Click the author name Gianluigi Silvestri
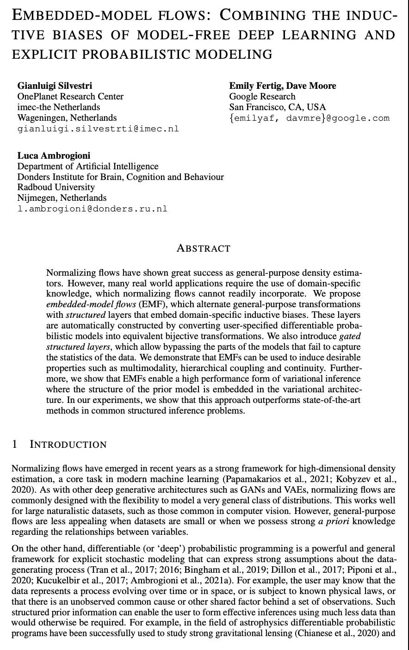(x=55, y=86)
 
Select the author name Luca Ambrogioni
(x=54, y=155)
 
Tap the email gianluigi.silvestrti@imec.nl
(x=98, y=129)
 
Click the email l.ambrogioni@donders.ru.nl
(x=92, y=209)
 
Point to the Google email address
(x=310, y=118)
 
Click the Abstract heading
(x=204, y=248)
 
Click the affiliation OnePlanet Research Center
(x=70, y=96)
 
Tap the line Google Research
(x=262, y=96)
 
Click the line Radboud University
(x=56, y=187)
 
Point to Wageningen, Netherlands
(x=67, y=118)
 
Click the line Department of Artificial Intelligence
(x=88, y=166)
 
